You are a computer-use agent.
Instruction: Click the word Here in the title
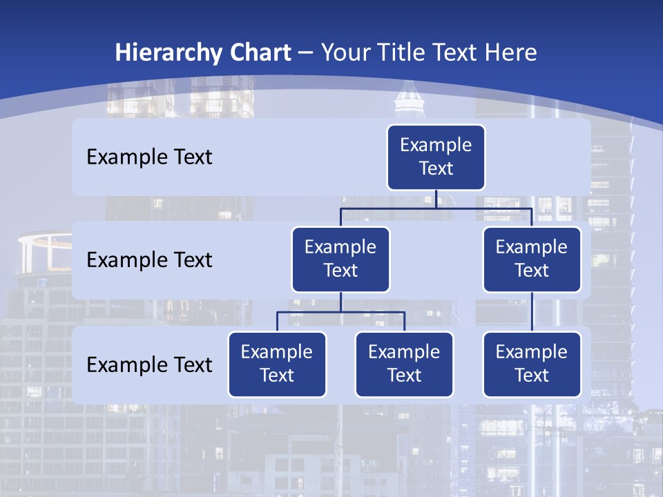[510, 53]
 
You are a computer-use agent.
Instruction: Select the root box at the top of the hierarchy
[436, 157]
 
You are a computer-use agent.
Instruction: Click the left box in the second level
[340, 260]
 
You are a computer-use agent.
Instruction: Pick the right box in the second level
[532, 260]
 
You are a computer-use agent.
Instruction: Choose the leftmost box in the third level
[277, 364]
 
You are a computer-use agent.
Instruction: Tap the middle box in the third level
[404, 364]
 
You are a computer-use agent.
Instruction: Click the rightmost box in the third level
[532, 364]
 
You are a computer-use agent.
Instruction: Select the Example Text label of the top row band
[149, 157]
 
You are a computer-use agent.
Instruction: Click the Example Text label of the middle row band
[149, 260]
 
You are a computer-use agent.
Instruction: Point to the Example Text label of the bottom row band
[149, 364]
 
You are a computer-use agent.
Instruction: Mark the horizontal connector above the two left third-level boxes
[311, 312]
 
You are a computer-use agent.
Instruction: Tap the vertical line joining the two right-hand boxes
[532, 312]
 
